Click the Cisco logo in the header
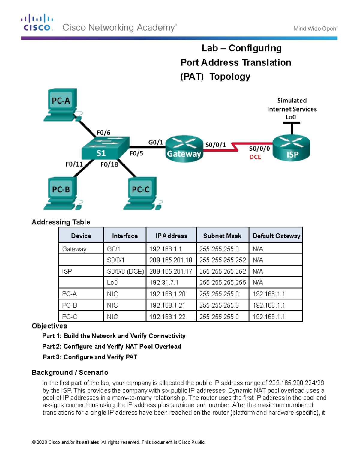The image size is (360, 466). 37,22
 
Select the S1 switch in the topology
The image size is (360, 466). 105,149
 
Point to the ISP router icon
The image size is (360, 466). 291,149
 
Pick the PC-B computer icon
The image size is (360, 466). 61,193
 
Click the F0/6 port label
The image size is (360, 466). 103,132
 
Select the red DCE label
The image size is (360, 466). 255,157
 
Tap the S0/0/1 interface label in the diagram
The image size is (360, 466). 215,145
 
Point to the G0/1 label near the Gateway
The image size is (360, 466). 156,142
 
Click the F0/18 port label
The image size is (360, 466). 109,164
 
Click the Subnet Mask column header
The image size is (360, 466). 222,236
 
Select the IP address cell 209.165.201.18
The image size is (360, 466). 171,260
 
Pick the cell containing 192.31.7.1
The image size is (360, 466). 164,282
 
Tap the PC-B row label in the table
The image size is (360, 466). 70,305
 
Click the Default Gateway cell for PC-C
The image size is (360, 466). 269,317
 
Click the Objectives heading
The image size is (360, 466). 49,326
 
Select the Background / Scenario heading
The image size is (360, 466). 70,372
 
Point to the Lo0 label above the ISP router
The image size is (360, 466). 290,117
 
